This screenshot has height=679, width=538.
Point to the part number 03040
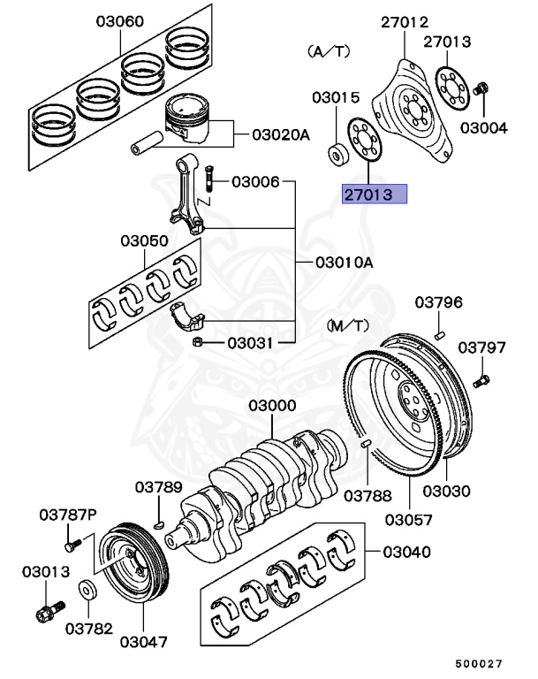406,553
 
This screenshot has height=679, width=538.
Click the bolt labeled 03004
482,89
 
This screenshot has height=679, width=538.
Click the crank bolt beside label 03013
47,611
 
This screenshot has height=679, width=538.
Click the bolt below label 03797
481,383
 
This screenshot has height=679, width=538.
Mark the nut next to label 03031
199,342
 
